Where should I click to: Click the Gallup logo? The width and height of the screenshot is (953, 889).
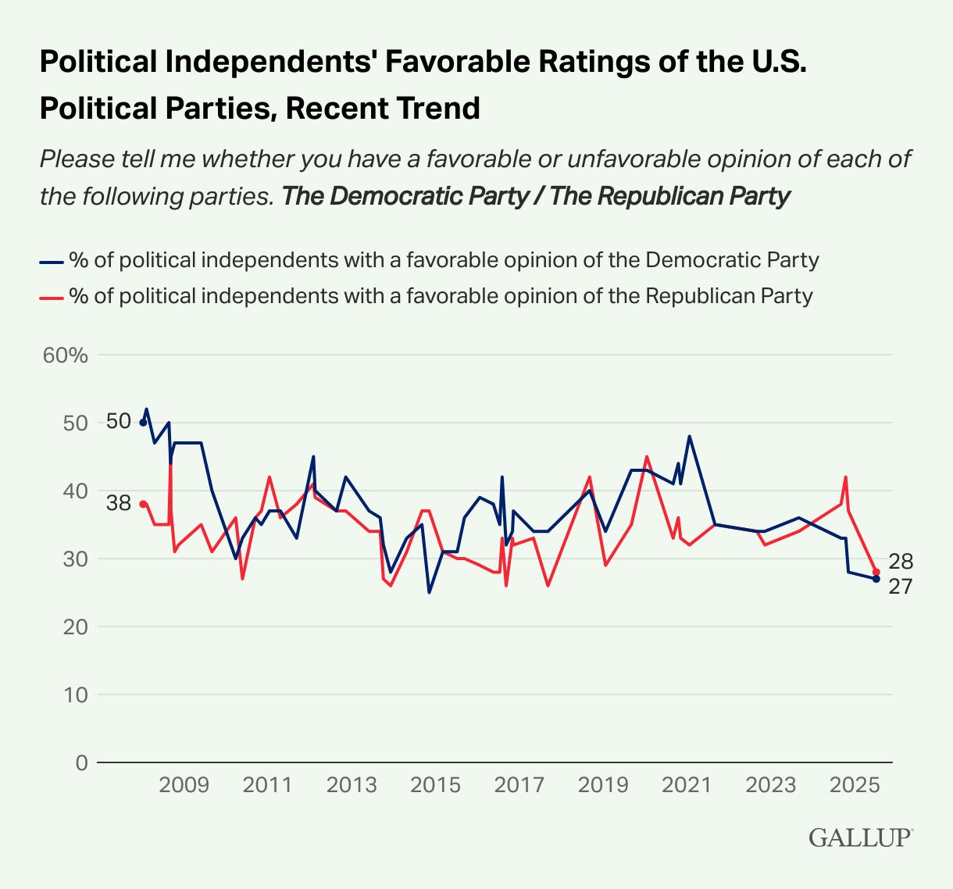pos(860,837)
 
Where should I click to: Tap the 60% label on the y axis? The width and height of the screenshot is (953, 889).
pos(66,355)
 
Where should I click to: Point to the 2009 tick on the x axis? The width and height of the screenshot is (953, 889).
pos(184,784)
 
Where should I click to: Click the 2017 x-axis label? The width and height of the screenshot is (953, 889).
pos(519,784)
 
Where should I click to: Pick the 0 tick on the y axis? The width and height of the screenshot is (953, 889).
pos(81,762)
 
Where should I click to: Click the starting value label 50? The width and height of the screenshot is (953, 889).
pos(118,422)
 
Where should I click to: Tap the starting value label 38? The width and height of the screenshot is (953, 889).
pos(118,504)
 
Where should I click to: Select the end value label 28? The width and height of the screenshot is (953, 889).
pos(901,562)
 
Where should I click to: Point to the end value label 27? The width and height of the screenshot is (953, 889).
pos(901,586)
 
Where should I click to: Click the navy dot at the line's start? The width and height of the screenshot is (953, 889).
pos(142,423)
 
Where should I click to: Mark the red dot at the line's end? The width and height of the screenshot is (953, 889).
pos(876,572)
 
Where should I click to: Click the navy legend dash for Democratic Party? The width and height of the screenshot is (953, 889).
pos(50,261)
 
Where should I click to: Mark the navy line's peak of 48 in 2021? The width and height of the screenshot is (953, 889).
pos(689,436)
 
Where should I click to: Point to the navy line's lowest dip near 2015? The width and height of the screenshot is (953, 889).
pos(429,592)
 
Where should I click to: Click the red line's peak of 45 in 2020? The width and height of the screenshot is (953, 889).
pos(647,456)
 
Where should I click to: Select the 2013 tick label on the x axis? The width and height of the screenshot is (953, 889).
pos(352,784)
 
